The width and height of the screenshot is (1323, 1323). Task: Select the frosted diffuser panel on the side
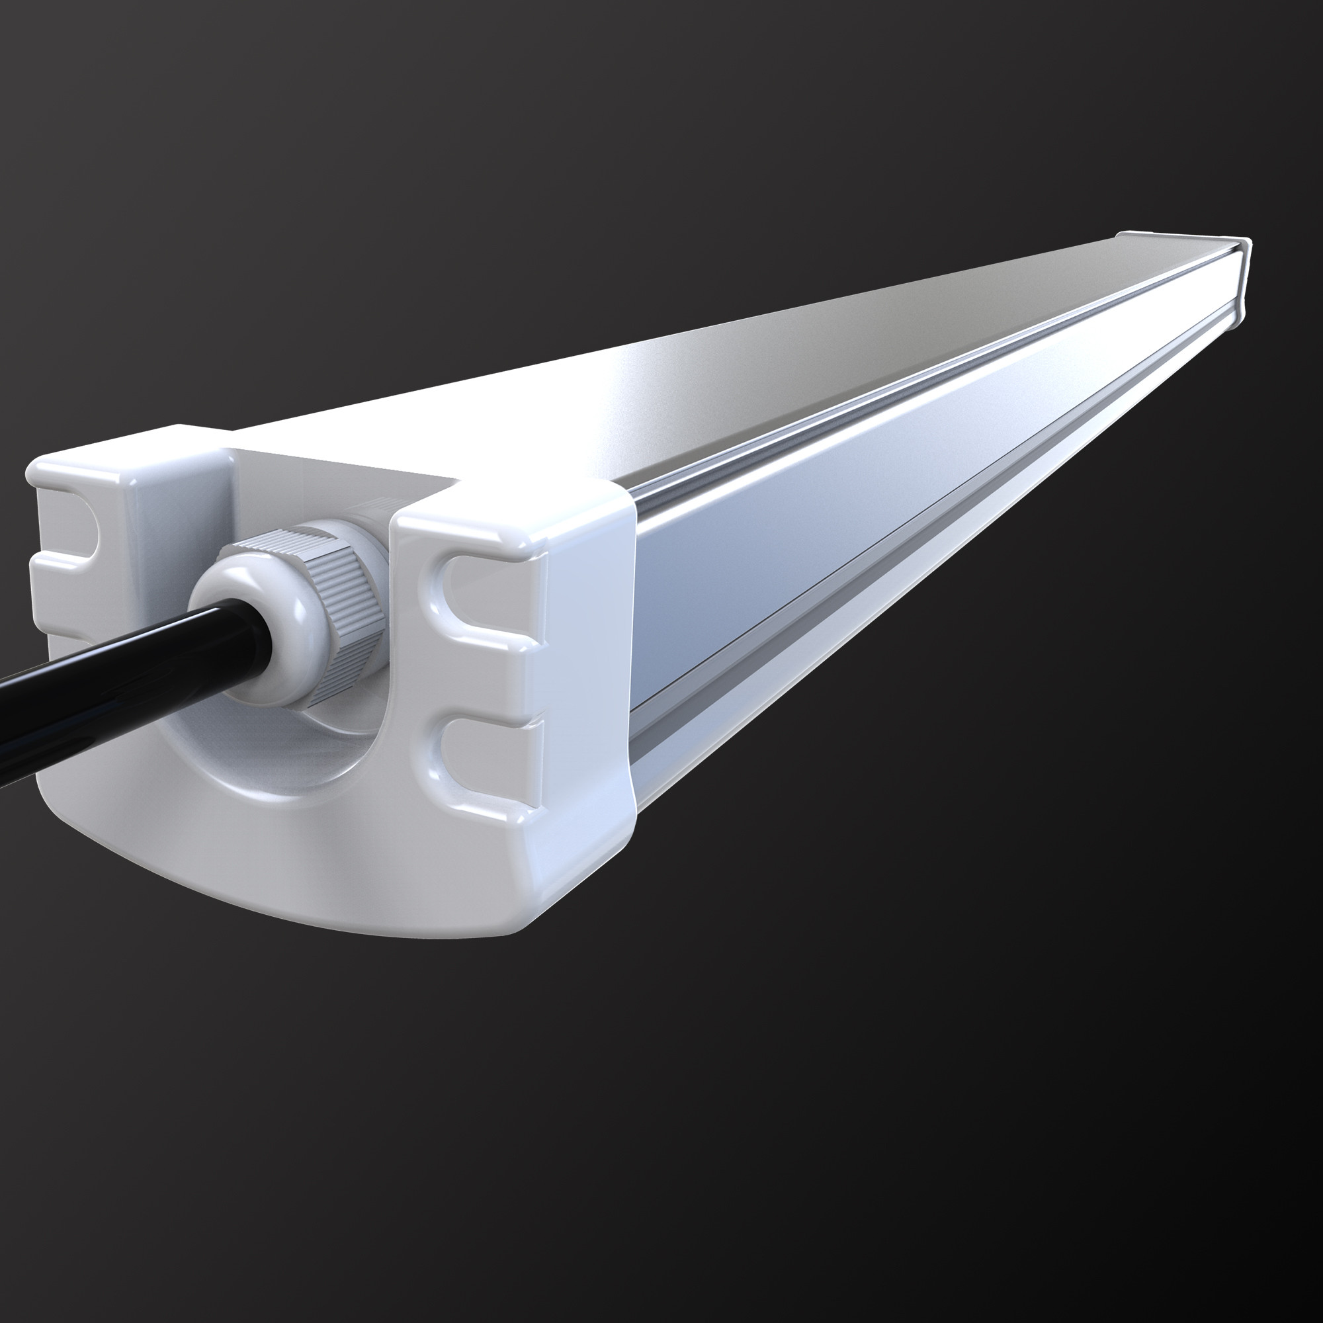(x=856, y=521)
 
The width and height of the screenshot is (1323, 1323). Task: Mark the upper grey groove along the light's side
(x=890, y=411)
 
